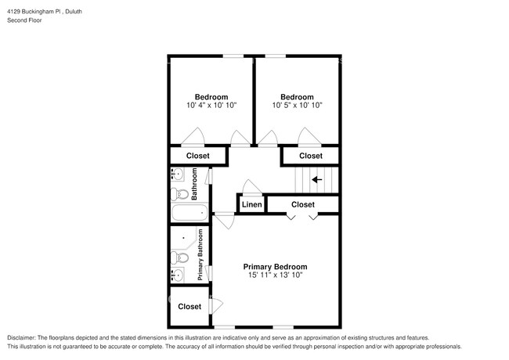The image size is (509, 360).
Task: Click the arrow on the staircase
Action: [317, 179]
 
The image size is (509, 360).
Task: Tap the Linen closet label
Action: [251, 205]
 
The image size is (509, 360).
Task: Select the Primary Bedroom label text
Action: [274, 266]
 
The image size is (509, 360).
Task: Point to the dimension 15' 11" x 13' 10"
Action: [274, 275]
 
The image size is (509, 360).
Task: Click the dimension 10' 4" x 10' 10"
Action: [211, 105]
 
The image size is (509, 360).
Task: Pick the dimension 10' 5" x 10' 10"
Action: [298, 105]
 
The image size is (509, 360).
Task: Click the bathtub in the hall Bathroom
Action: [188, 212]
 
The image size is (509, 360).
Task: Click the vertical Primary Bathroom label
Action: [200, 255]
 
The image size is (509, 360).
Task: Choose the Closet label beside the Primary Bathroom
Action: [190, 306]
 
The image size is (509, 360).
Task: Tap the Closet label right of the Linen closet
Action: [303, 205]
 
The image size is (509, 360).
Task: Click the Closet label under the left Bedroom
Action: [198, 157]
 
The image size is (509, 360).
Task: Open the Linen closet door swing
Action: [251, 188]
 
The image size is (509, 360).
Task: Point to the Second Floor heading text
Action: [25, 20]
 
